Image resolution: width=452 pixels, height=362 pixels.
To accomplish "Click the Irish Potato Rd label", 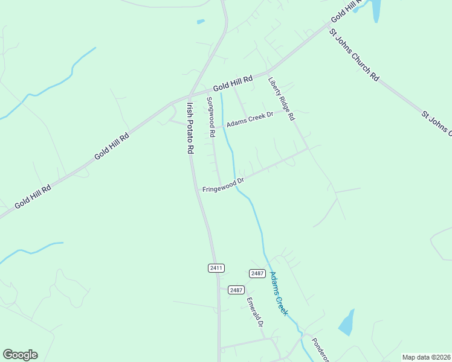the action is pos(190,128).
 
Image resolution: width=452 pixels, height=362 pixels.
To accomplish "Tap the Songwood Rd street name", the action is pos(211,118).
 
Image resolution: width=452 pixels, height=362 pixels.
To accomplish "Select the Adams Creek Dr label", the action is pos(250,119).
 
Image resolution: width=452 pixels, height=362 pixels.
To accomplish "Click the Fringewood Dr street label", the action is pos(223,185).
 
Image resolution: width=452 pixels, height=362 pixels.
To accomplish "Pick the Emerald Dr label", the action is pos(255,312).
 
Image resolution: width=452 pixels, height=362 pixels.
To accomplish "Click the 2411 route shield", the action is pos(216,268).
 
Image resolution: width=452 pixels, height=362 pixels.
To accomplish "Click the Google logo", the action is pos(20,355).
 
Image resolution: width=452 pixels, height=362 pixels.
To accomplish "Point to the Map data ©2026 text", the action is pos(426,357).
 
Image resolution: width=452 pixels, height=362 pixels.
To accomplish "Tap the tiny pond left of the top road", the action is pos(201,22).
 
